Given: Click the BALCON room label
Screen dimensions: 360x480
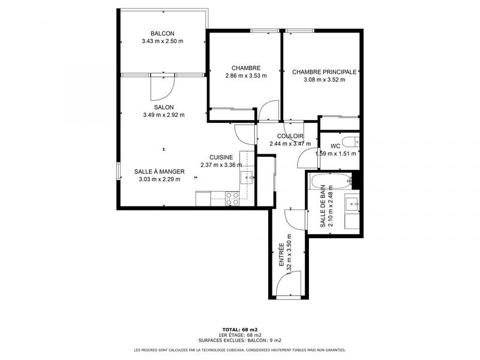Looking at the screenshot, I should [163, 34].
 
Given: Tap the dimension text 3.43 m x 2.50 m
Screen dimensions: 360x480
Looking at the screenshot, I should [163, 41].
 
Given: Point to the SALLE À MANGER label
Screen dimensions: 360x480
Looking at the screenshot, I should [160, 171].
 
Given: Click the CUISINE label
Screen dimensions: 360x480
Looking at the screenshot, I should [221, 157].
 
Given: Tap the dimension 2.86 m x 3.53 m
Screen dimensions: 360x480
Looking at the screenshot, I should [246, 76].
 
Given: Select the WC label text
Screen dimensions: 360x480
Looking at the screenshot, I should [335, 146].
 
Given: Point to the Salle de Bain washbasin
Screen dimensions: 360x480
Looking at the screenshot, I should [352, 205].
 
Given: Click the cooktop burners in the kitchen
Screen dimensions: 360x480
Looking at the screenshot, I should [232, 199].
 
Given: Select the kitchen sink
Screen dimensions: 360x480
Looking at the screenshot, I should [246, 177].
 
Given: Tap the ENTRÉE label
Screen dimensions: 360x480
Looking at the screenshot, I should [281, 255].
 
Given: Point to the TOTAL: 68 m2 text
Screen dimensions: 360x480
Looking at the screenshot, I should [239, 329].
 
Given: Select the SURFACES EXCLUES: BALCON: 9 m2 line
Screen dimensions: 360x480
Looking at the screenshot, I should [239, 340].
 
